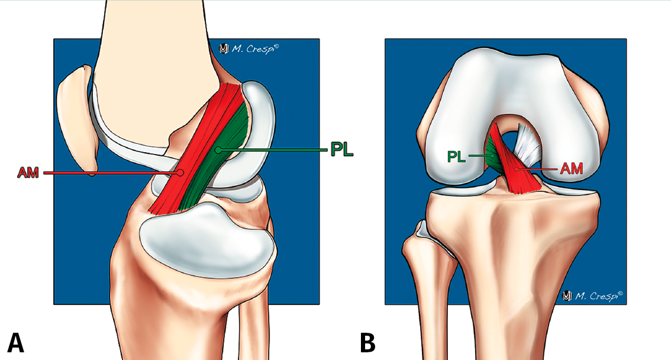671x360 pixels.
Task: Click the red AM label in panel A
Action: pos(28,172)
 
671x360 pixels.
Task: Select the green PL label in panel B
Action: pos(456,156)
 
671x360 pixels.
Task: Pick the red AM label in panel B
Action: pos(572,169)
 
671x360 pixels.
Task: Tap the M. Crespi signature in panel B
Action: pos(593,295)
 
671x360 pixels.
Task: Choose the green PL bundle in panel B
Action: pos(493,156)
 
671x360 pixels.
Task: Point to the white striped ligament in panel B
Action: pos(527,146)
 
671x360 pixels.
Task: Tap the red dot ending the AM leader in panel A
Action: pos(180,172)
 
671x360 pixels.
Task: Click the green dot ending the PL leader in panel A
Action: pos(218,150)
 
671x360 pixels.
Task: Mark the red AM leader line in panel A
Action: pos(112,172)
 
